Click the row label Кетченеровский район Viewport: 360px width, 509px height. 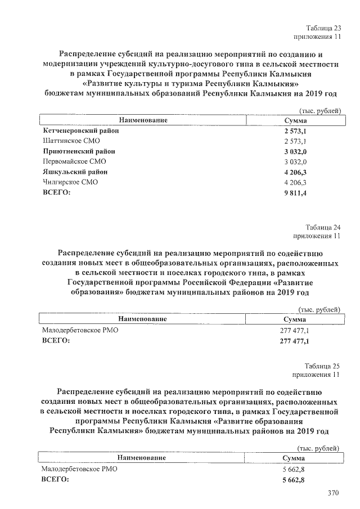(80, 130)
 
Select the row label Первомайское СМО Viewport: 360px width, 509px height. (70, 161)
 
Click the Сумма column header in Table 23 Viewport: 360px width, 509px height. (295, 120)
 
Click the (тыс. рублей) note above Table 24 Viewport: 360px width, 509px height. (319, 309)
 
